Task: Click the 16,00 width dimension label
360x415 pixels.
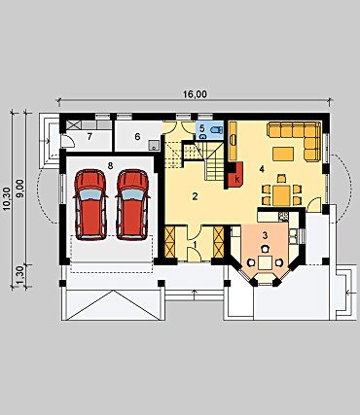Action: [195, 94]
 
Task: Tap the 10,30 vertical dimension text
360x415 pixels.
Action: [9, 199]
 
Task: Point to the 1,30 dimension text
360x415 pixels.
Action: [21, 276]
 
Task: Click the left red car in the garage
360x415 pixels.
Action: [90, 204]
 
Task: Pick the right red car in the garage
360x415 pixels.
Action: [132, 204]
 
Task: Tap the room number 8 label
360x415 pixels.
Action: [110, 166]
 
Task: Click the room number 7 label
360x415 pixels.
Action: [90, 137]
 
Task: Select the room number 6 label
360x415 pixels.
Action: [137, 137]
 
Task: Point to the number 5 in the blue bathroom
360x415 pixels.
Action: [202, 127]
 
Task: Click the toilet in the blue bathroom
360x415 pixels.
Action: [216, 130]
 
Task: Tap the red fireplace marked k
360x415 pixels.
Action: [235, 175]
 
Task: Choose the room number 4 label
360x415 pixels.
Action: [262, 169]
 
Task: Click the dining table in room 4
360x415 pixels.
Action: [281, 194]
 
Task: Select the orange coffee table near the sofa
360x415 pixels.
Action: [283, 154]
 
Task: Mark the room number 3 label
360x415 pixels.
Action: [265, 236]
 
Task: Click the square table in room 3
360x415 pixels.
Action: [266, 262]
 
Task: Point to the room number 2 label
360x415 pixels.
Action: [195, 196]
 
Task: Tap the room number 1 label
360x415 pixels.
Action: [195, 243]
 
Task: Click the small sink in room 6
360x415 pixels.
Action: [154, 145]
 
